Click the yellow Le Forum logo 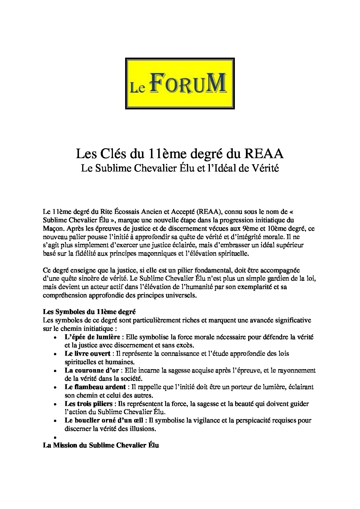[180, 83]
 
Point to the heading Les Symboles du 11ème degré [89, 312]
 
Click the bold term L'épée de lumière [92, 337]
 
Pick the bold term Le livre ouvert [87, 354]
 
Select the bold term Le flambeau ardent [95, 387]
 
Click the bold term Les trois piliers [88, 404]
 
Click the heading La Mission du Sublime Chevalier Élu [101, 445]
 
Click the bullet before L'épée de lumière [55, 338]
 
